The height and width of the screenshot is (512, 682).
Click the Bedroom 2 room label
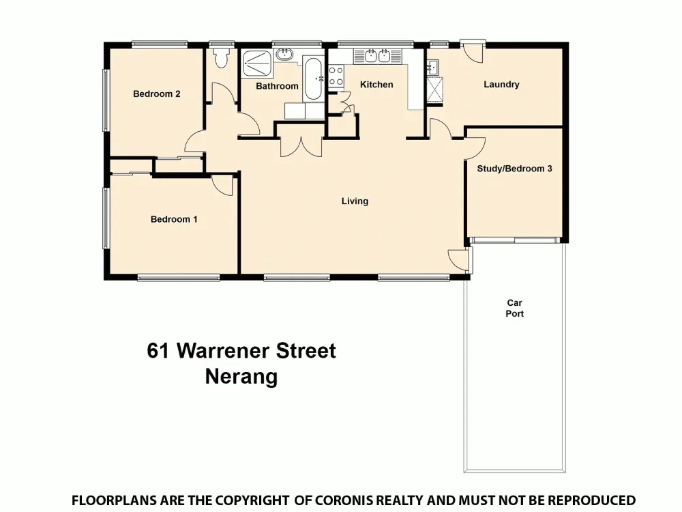[156, 94]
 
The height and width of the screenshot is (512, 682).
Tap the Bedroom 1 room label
[174, 219]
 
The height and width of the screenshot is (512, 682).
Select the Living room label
[355, 201]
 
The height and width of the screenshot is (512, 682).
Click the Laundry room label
[501, 85]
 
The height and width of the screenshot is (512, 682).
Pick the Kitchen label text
[376, 85]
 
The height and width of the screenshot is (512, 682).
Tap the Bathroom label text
[277, 86]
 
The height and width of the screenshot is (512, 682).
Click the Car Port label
[515, 308]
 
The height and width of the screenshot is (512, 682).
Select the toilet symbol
[220, 58]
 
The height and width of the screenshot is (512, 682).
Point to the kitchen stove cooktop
[336, 75]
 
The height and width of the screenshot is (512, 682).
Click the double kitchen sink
[377, 56]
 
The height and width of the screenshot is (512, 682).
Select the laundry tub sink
[433, 67]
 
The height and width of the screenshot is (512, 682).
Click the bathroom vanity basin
[284, 54]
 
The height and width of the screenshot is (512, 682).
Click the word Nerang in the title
[241, 377]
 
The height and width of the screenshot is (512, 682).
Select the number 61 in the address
[158, 351]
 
